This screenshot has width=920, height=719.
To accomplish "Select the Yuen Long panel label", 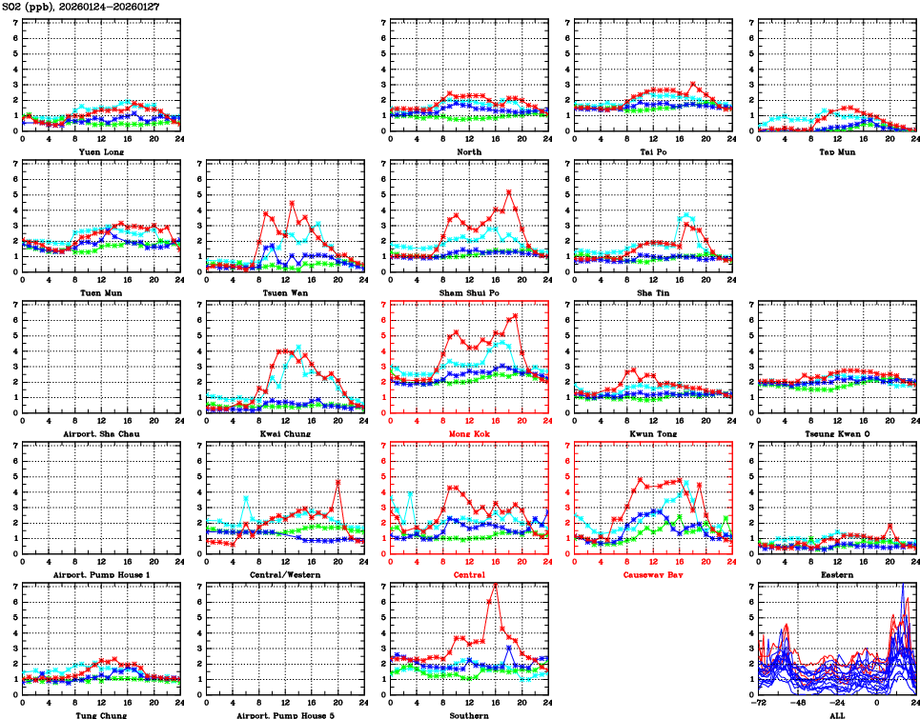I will click(x=100, y=151).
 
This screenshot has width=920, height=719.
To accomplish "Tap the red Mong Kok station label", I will click(x=468, y=433).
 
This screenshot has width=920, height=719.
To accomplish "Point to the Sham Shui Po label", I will click(x=468, y=292).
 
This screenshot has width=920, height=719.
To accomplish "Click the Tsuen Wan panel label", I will click(x=284, y=292).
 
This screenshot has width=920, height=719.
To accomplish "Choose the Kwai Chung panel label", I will click(x=284, y=433).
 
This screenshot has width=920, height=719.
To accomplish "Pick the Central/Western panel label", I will click(x=284, y=574).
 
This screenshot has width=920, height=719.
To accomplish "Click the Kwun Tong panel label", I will click(x=652, y=433).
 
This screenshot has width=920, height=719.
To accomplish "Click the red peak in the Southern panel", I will click(x=494, y=584).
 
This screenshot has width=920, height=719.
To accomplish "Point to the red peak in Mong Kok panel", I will click(x=515, y=315).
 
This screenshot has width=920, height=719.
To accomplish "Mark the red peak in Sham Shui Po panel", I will click(x=508, y=191).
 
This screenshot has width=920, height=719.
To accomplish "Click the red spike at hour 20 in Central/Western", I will click(x=337, y=482).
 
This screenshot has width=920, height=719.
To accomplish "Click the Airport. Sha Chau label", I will click(x=100, y=433).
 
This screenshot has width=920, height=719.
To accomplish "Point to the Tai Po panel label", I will click(x=652, y=151).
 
